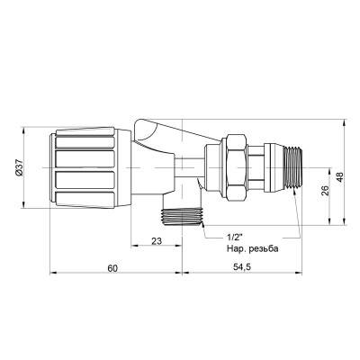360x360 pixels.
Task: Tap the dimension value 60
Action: (112, 268)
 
